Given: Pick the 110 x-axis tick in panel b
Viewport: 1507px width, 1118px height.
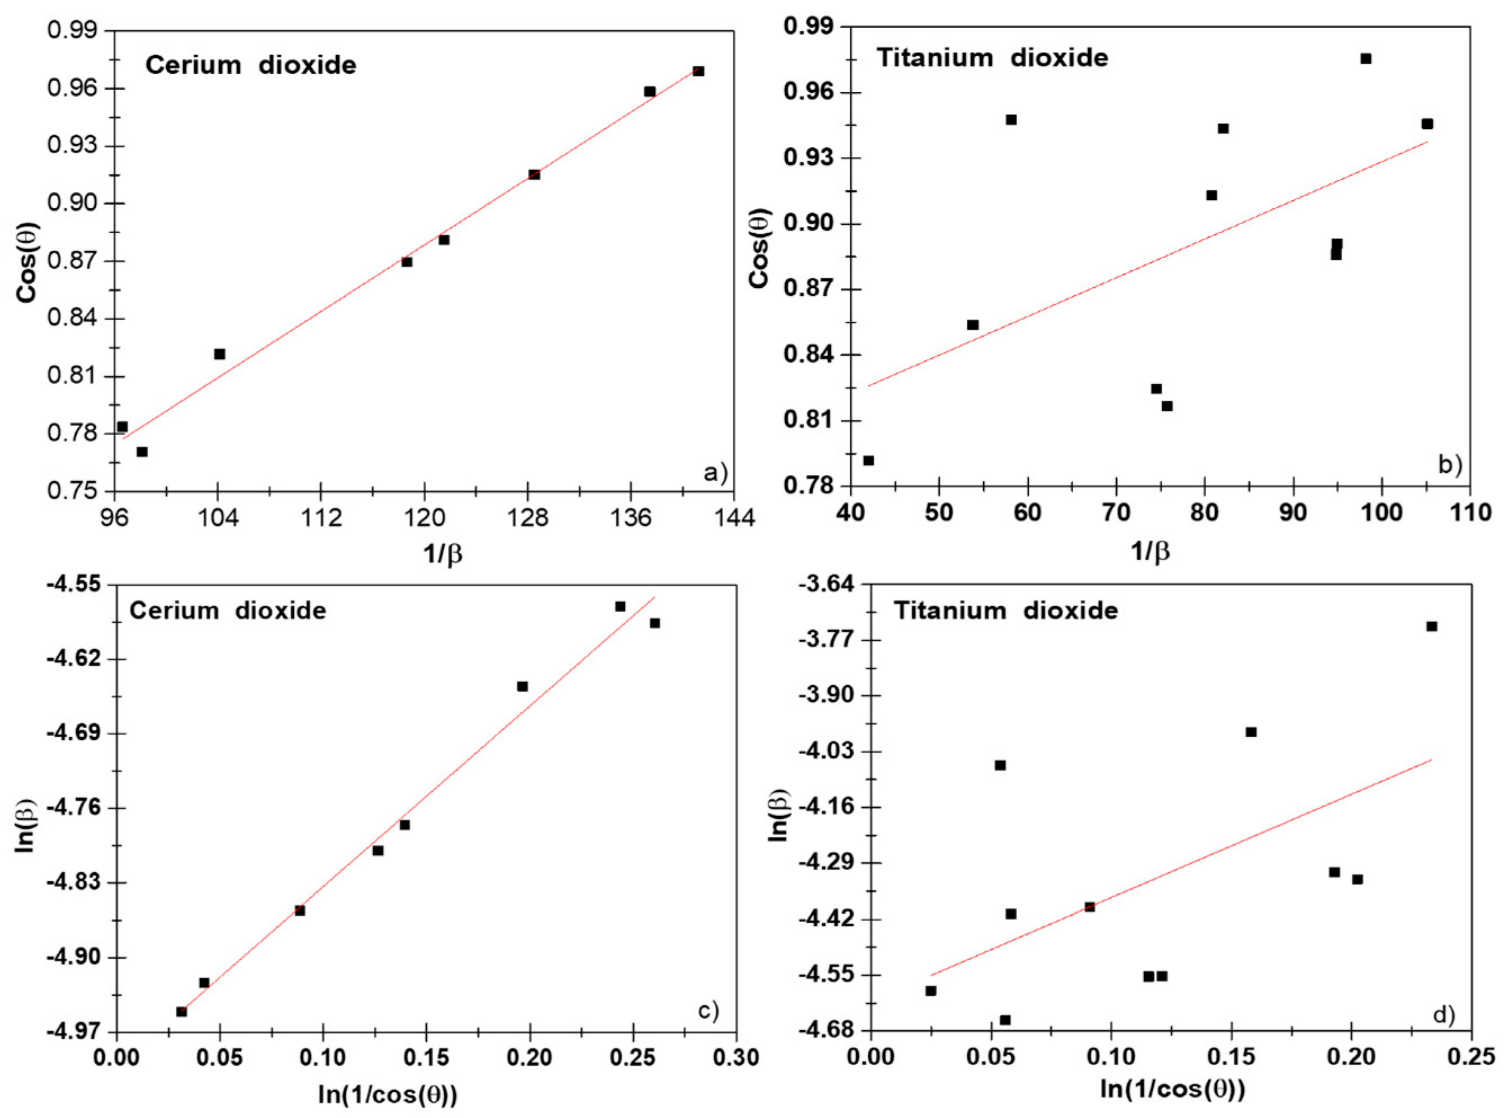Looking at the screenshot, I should pyautogui.click(x=1470, y=512).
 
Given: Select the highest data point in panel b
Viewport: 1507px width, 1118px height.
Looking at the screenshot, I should pyautogui.click(x=1365, y=59).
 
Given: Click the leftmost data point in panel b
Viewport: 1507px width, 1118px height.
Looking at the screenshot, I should pyautogui.click(x=869, y=461).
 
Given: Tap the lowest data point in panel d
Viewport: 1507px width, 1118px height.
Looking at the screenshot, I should pyautogui.click(x=1005, y=1020).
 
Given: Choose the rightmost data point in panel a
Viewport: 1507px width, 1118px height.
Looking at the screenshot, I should pyautogui.click(x=699, y=71).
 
